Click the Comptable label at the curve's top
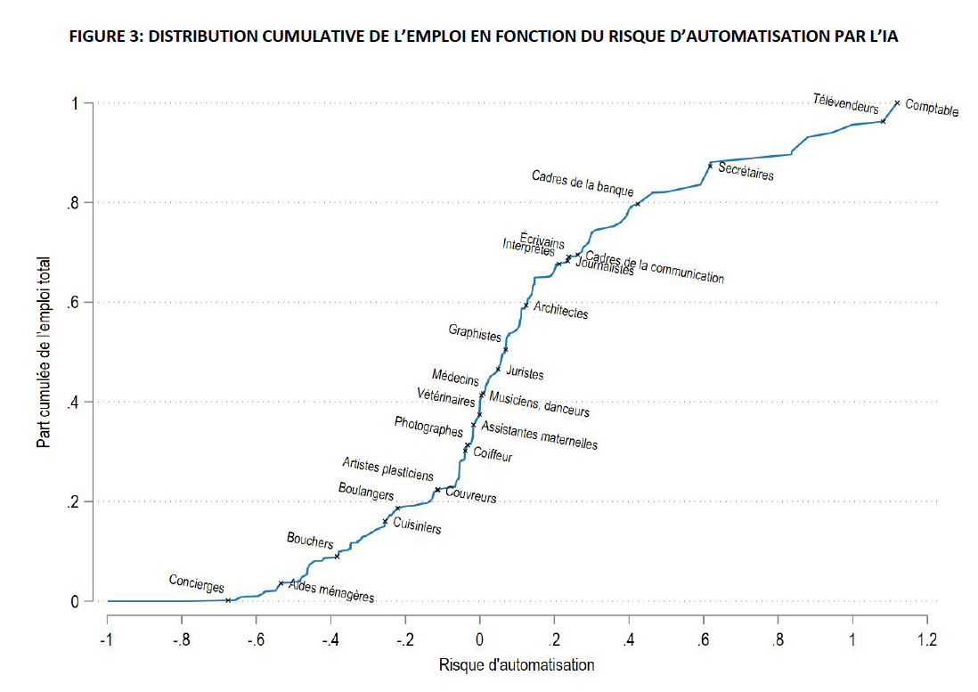pyautogui.click(x=932, y=109)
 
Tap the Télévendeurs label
pyautogui.click(x=845, y=102)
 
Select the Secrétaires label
pyautogui.click(x=746, y=171)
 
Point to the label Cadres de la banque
pyautogui.click(x=583, y=183)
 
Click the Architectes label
pyautogui.click(x=560, y=311)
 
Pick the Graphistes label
pyautogui.click(x=475, y=334)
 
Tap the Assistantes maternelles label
pyautogui.click(x=539, y=436)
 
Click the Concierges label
pyautogui.click(x=196, y=583)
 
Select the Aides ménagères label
pyautogui.click(x=331, y=591)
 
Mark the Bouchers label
pyautogui.click(x=310, y=540)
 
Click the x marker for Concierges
pyautogui.click(x=228, y=600)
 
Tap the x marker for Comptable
pyautogui.click(x=897, y=103)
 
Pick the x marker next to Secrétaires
pyautogui.click(x=710, y=165)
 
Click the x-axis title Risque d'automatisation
pyautogui.click(x=517, y=664)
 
